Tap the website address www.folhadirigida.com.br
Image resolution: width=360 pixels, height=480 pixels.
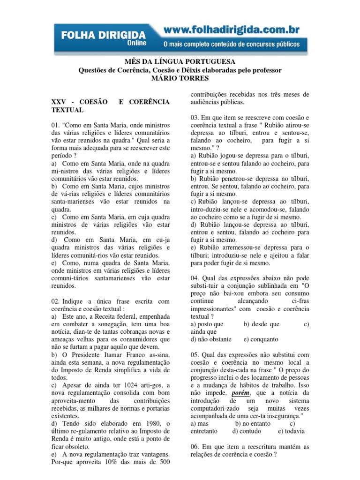(x=231, y=30)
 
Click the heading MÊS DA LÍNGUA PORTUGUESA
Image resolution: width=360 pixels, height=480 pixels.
(x=180, y=62)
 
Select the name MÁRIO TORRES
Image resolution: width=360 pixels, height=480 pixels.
(x=180, y=78)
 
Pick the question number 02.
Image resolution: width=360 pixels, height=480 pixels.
(x=55, y=301)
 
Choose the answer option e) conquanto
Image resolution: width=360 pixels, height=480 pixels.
(x=261, y=339)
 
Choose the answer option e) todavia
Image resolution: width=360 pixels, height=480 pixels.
(x=291, y=431)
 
